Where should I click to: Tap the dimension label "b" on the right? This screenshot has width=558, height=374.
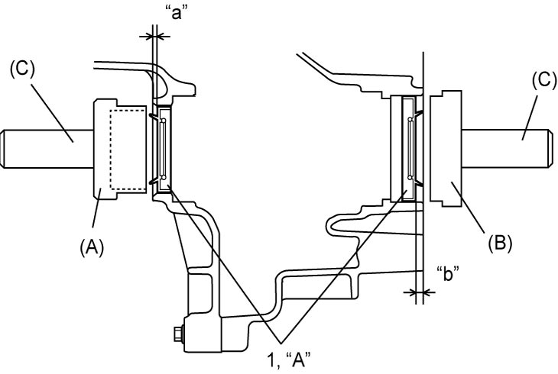click(447, 274)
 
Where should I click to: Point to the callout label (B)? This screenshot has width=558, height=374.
click(500, 243)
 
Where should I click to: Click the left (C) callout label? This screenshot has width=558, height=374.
click(22, 69)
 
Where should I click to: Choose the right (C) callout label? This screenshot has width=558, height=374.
click(544, 80)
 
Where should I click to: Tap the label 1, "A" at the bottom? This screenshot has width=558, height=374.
click(289, 361)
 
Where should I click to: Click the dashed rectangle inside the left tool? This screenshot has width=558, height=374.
click(128, 150)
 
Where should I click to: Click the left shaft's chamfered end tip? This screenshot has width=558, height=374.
click(2, 149)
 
